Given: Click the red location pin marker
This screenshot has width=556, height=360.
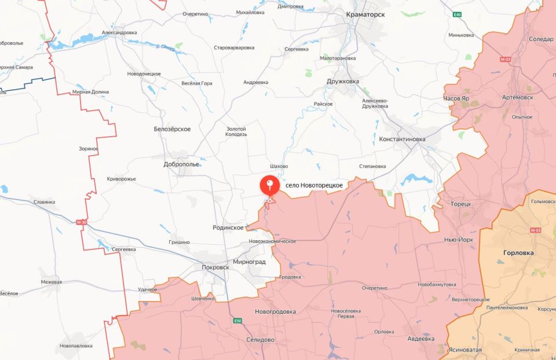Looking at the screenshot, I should coord(270,186).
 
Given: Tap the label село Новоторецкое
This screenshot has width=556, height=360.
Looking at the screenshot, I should coord(314,185).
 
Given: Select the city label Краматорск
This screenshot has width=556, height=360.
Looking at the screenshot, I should coord(365,14).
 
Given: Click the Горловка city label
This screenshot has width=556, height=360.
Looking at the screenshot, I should coord(518,253).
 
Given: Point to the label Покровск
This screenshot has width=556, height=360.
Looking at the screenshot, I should coord(215,267).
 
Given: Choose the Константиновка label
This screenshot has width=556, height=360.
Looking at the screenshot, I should coord(402,139).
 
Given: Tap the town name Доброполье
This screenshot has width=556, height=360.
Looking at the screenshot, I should coord(181,164).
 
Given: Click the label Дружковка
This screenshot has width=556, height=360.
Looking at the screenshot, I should coord(343,82).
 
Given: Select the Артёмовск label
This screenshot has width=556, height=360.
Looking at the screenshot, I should coord(517,98).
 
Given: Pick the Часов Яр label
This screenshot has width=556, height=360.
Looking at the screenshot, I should coord(456,98).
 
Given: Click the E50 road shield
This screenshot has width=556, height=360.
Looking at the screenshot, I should coord(238,321).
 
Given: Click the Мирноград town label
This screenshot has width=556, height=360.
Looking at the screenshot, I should coord(250,262).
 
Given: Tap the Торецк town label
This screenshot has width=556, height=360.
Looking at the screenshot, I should coord(461,204).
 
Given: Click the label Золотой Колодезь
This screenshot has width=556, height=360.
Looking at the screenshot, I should coord(236,131).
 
